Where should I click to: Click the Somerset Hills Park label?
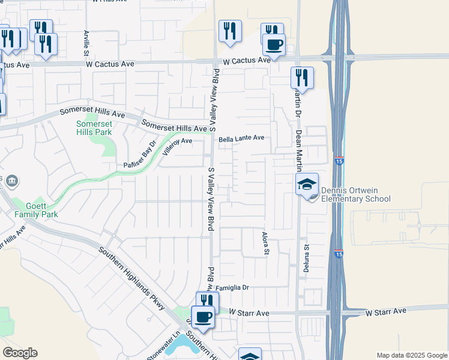click(x=94, y=127)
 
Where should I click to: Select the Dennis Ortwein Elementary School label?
click(x=355, y=195)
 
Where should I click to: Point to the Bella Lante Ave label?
click(x=241, y=138)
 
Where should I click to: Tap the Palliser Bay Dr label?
click(x=139, y=155)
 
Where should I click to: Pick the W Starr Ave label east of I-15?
click(x=386, y=310)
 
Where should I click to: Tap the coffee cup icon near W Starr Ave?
click(x=203, y=316)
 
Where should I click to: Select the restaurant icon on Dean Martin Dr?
click(x=301, y=77)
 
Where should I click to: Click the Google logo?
click(x=20, y=353)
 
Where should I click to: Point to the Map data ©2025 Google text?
click(x=412, y=355)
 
